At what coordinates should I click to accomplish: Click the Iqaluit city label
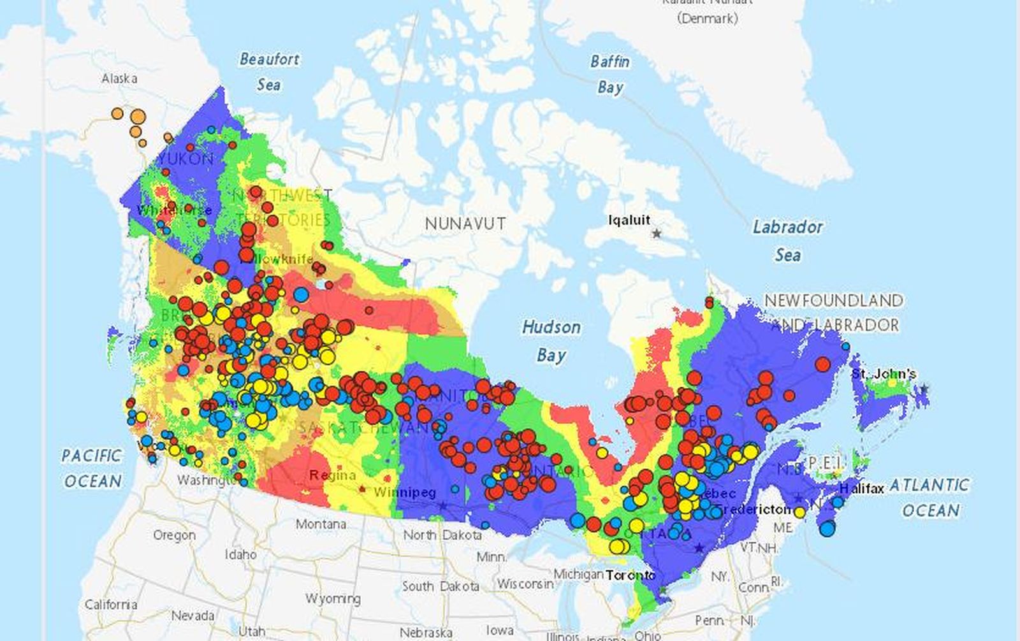629,220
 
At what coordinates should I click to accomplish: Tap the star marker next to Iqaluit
657,234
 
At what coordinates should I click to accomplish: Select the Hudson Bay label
551,341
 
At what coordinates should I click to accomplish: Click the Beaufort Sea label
269,71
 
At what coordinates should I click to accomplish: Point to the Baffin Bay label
610,74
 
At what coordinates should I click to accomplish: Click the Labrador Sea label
788,241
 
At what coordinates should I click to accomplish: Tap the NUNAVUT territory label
465,224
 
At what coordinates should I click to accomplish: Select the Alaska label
119,78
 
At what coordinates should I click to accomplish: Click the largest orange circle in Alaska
138,117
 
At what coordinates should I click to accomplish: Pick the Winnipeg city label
405,493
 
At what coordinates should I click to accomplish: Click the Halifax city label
861,489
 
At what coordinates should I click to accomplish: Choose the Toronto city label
630,575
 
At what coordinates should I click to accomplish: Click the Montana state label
321,524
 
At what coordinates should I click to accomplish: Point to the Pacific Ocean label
92,468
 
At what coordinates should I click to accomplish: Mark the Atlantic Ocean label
930,498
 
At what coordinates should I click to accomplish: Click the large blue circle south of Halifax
827,528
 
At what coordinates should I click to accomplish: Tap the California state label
111,604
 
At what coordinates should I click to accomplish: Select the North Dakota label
442,535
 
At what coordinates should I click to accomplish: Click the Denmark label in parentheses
707,18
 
